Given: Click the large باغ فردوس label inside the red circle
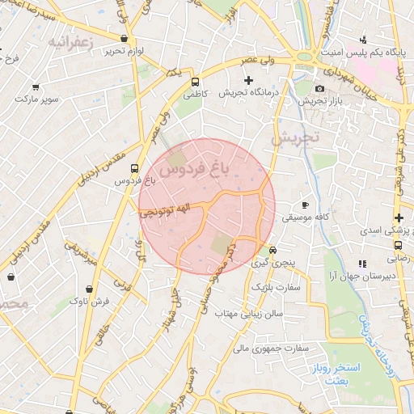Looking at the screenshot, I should [x=195, y=168].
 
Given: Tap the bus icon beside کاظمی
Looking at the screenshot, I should [x=195, y=82].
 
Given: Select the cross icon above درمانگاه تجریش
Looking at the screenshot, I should [x=248, y=80].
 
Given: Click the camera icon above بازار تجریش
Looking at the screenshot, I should [x=319, y=88].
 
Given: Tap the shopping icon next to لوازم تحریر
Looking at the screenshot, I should [x=123, y=38].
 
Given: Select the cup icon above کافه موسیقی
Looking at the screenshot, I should [x=305, y=205].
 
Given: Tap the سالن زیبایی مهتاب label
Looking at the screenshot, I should [x=242, y=314].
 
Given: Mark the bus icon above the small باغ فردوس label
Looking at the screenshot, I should [x=134, y=168].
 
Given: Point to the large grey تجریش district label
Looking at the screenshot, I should [x=294, y=138].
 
